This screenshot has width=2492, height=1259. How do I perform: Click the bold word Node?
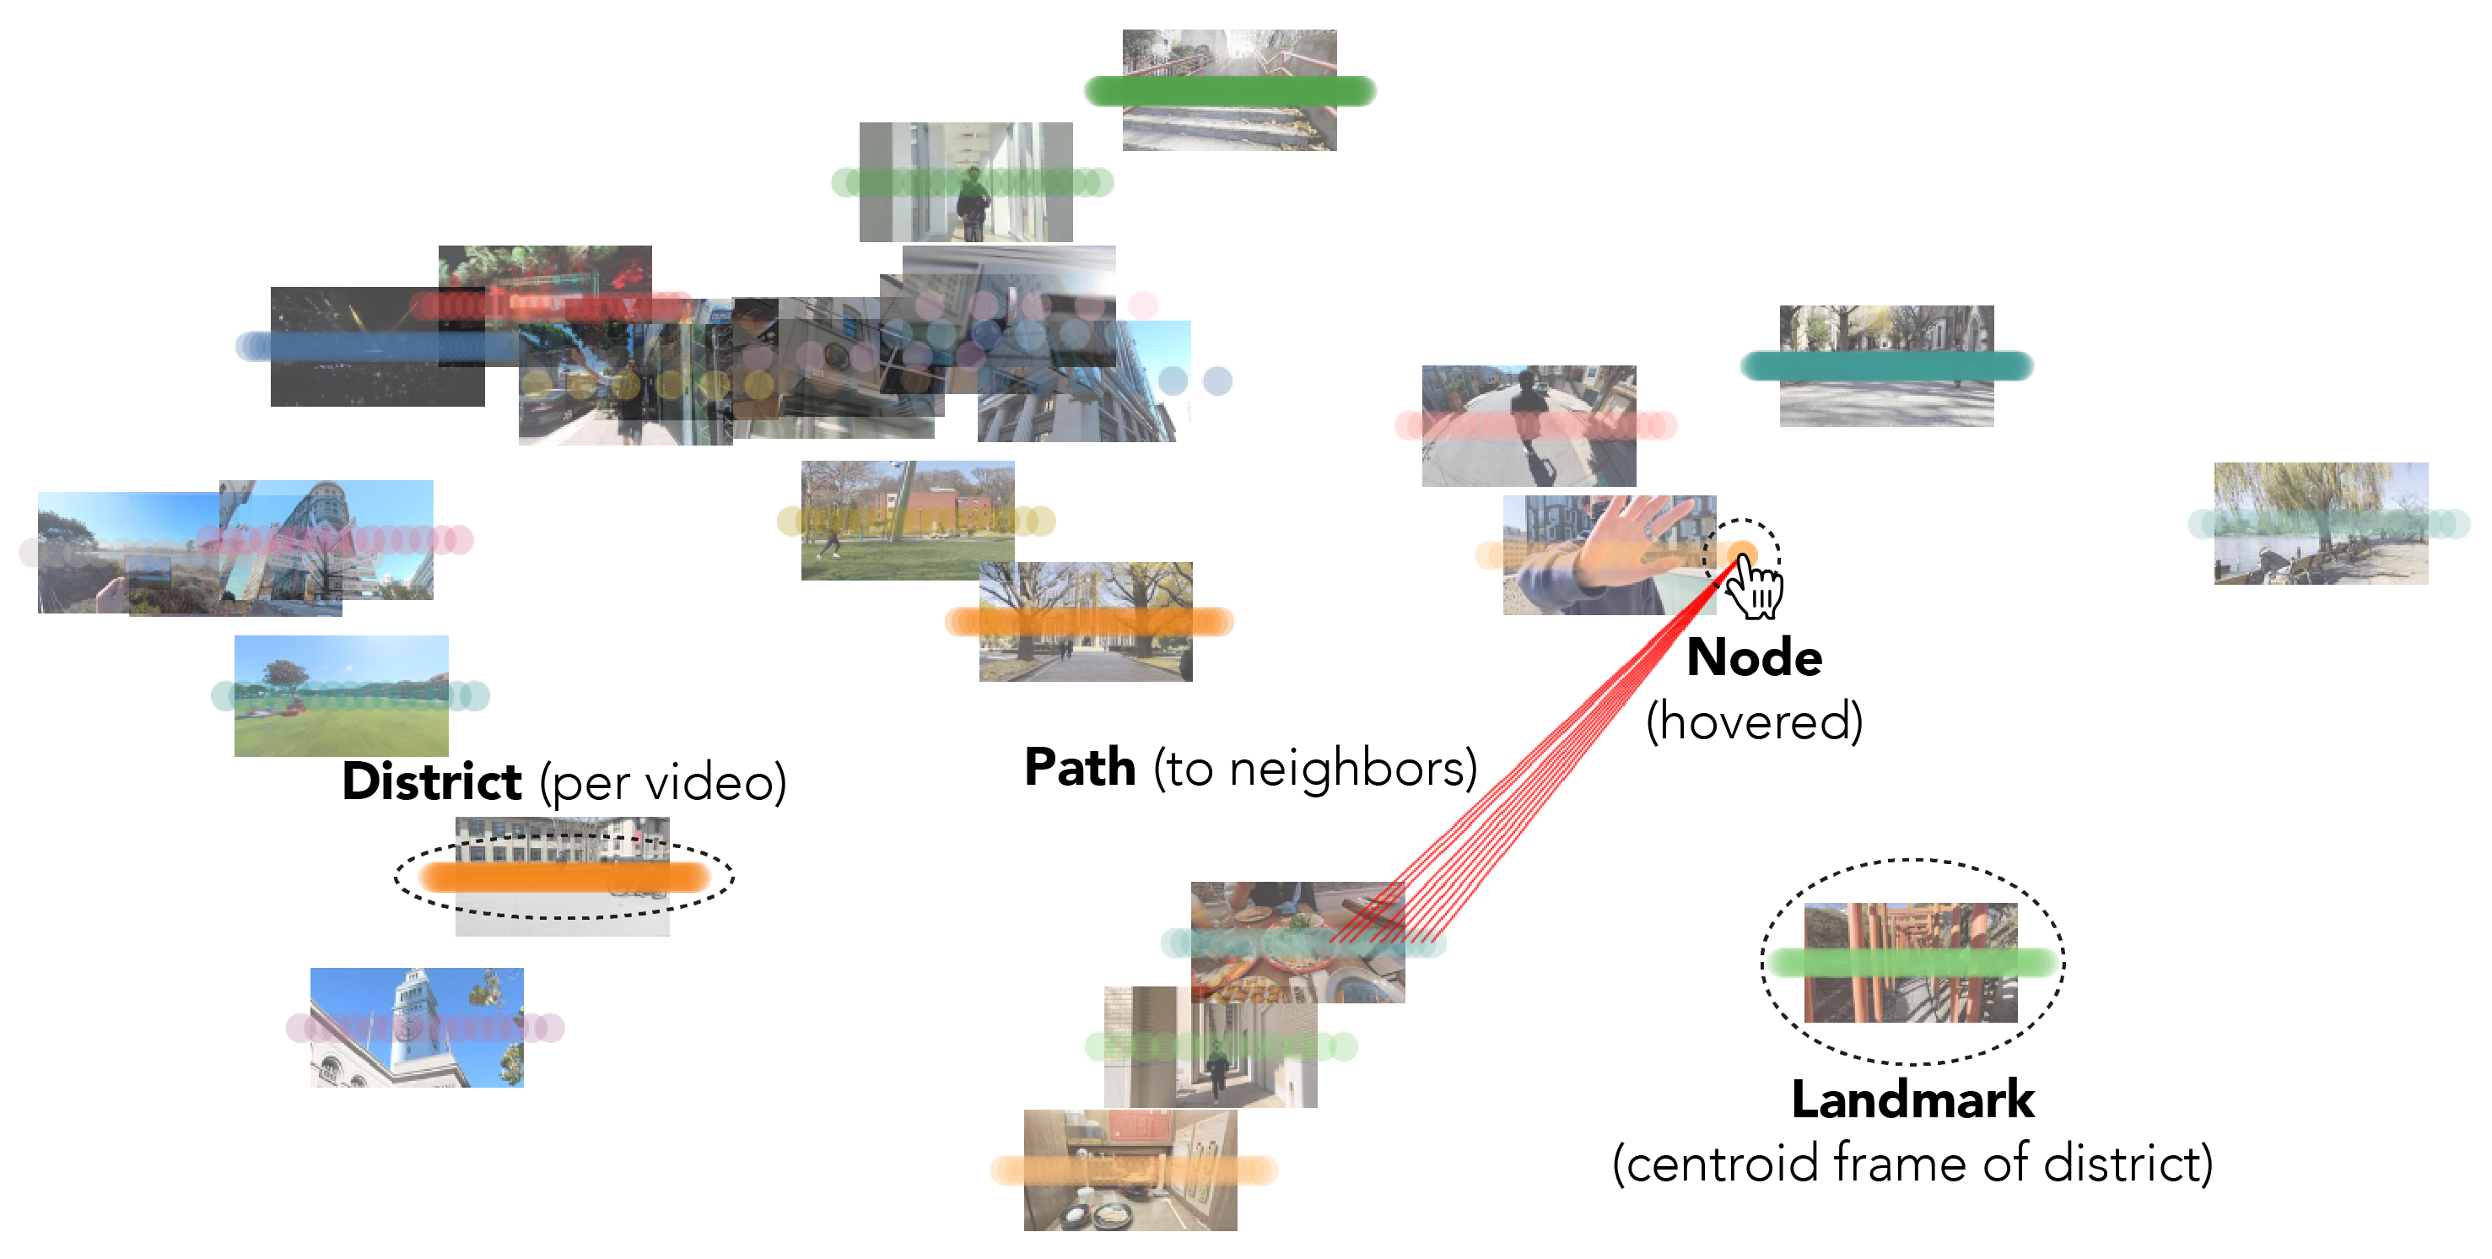pos(1753,658)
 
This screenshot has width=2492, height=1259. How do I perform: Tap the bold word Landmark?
pos(1912,1100)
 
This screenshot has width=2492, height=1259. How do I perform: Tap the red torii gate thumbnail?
pos(1911,962)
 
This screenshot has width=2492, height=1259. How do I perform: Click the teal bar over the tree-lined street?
pos(1885,365)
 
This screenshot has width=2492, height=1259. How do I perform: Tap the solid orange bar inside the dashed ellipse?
pos(564,877)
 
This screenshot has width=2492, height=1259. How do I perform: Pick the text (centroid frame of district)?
pos(1912,1163)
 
